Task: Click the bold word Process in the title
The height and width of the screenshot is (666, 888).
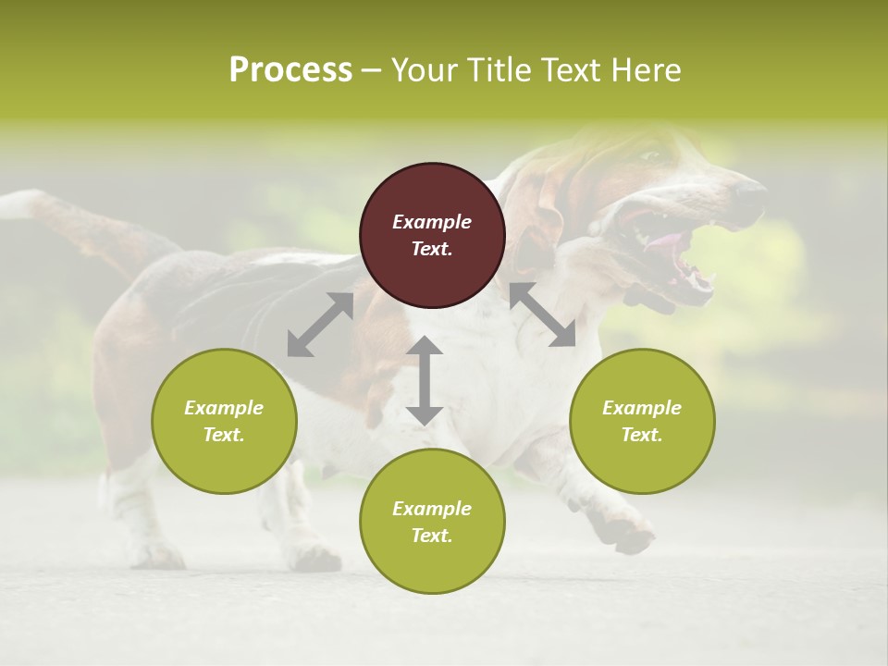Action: pyautogui.click(x=290, y=70)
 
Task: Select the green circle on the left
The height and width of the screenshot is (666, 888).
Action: pyautogui.click(x=224, y=421)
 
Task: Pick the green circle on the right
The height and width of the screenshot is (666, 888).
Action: pyautogui.click(x=642, y=421)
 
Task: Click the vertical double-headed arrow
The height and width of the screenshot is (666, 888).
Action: pyautogui.click(x=425, y=380)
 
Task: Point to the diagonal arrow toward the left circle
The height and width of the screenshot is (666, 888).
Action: pyautogui.click(x=320, y=325)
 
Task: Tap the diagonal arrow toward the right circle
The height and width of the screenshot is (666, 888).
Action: pyautogui.click(x=542, y=314)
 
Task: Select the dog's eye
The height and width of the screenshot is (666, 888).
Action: pyautogui.click(x=651, y=156)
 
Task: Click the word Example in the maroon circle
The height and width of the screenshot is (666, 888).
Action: pyautogui.click(x=432, y=222)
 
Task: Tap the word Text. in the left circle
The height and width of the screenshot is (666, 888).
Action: pyautogui.click(x=224, y=435)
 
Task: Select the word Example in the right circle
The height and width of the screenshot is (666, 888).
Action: pyautogui.click(x=642, y=408)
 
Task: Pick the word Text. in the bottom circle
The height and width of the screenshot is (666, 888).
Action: pyautogui.click(x=432, y=536)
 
